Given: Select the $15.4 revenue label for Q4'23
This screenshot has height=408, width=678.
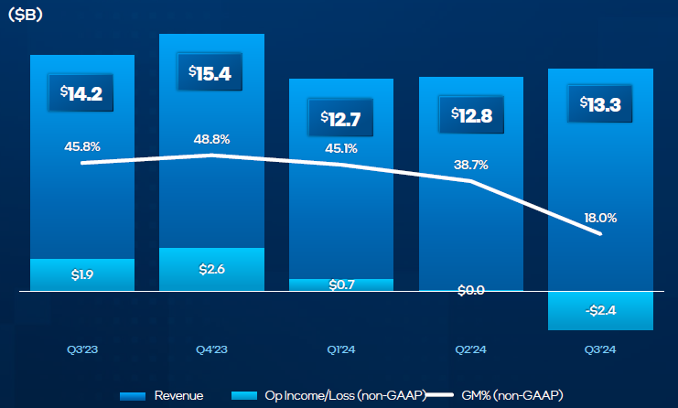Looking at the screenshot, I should (211, 73).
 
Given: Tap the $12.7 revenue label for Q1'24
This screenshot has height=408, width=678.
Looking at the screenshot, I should (341, 118).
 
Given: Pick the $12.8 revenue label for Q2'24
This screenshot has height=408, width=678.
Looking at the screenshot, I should (471, 115).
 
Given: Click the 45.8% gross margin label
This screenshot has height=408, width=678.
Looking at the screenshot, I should (81, 145).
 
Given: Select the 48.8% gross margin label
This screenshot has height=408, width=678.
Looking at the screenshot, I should (211, 139).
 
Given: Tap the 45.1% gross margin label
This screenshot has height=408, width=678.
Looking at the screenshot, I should (341, 148).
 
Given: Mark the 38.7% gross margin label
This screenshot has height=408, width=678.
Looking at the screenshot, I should (470, 165).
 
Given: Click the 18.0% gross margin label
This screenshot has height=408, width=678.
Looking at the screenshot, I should (599, 218).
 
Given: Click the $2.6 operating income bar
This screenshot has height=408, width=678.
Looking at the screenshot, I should (211, 269).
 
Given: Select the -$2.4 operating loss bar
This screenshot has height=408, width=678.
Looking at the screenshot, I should (600, 310).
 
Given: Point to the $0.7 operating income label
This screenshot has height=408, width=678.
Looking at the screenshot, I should (341, 285).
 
